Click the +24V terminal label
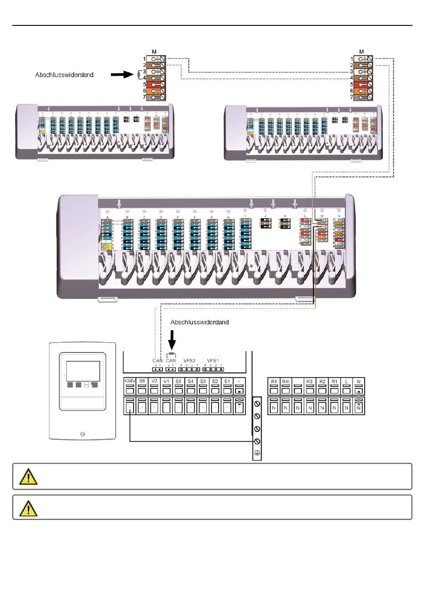coord(130,381)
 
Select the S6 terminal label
coord(142,381)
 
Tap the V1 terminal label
coord(166,381)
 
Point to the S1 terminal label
coord(227,381)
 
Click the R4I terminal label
coord(285,381)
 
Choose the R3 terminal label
coord(310,381)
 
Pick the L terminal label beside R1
coord(346,381)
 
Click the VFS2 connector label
coord(190,360)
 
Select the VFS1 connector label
coord(213,360)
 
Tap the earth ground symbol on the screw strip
coord(257,453)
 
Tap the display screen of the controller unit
coord(83,369)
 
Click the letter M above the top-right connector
coord(362,52)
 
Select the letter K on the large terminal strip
coord(285,215)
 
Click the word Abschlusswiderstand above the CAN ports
coord(199,322)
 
